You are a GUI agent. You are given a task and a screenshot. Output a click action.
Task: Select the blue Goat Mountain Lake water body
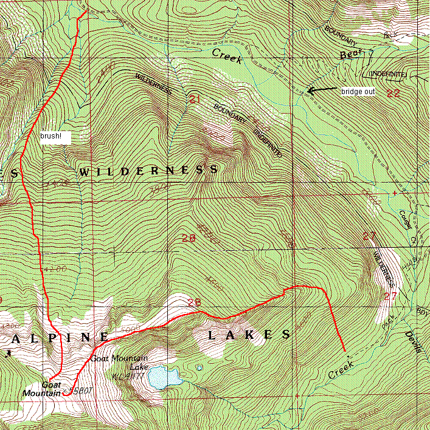pyautogui.click(x=166, y=377)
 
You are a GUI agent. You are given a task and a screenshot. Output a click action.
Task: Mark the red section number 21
pyautogui.click(x=195, y=99)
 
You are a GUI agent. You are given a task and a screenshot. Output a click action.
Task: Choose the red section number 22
pyautogui.click(x=393, y=93)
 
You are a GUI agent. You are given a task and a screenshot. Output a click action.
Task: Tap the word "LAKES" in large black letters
pyautogui.click(x=249, y=335)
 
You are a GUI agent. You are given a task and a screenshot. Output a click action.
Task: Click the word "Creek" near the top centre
pyautogui.click(x=227, y=56)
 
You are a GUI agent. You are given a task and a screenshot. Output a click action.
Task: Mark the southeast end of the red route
pyautogui.click(x=345, y=352)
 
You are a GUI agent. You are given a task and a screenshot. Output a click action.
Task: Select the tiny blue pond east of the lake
pyautogui.click(x=199, y=367)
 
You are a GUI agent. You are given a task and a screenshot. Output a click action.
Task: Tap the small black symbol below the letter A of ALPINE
pyautogui.click(x=10, y=352)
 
